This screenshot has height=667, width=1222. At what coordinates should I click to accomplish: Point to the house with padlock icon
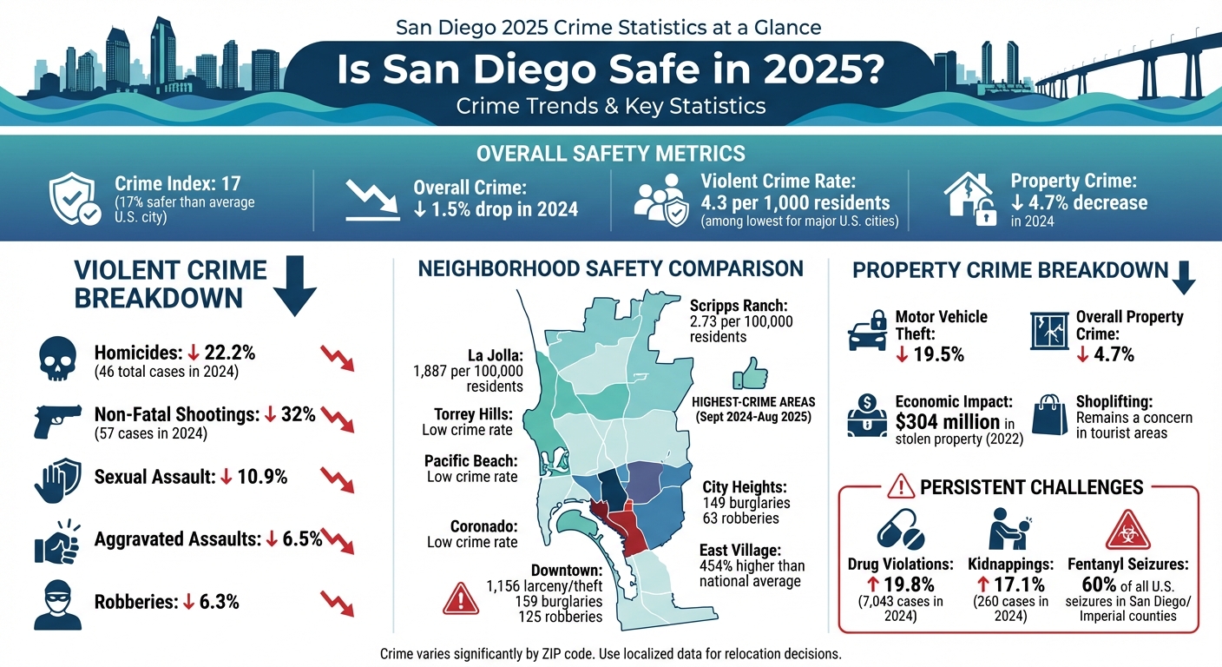click(x=969, y=199)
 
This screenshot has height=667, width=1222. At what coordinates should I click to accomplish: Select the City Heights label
click(x=744, y=486)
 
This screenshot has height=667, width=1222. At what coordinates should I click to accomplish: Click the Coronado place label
click(x=483, y=526)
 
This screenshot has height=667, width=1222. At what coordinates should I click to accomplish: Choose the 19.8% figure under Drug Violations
click(x=900, y=584)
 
